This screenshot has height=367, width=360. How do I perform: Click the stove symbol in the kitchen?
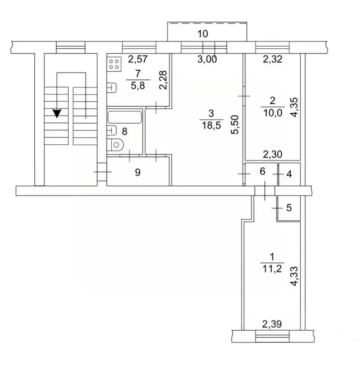coord(113,64)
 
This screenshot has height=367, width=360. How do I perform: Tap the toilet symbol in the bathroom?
coord(116,144)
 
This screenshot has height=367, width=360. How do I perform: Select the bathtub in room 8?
coord(125,117)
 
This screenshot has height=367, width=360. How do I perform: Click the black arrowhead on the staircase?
coord(57,113)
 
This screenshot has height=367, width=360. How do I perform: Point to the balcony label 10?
coord(203,33)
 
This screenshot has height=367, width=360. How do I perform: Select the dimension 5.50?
coord(234,125)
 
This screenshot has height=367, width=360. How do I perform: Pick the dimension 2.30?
coord(273,154)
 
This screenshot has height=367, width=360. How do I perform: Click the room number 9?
coord(138,173)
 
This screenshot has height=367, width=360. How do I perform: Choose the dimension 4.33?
coord(295,276)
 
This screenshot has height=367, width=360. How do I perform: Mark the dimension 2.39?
coord(272,324)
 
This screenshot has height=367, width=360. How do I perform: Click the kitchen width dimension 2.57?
coord(137,60)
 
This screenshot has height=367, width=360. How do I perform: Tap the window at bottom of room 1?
coord(272,335)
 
